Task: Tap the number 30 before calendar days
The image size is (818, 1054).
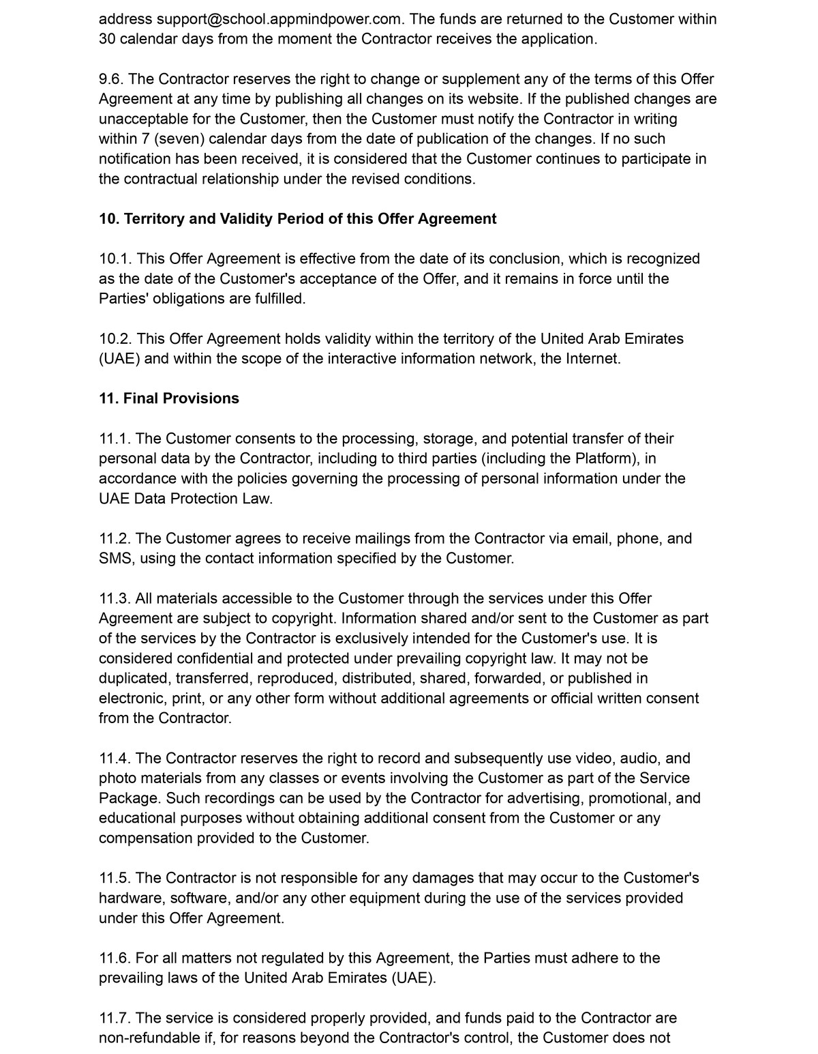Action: pos(106,39)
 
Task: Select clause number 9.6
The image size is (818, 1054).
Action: pos(112,79)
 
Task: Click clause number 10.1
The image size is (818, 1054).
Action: pos(115,259)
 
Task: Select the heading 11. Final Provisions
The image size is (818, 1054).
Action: pos(169,398)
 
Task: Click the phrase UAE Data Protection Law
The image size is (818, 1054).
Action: pos(185,499)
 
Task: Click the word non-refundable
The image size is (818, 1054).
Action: pos(147,1038)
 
